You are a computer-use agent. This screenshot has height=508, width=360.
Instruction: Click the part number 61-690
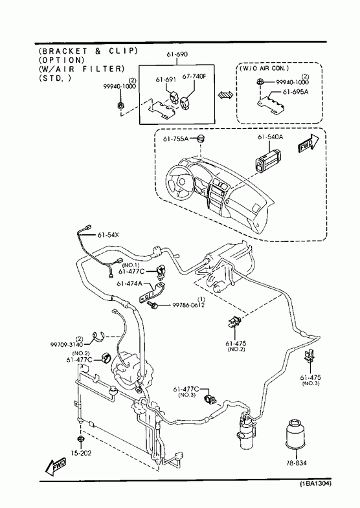coord(177,54)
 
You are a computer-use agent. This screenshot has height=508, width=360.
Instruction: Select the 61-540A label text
coord(270,137)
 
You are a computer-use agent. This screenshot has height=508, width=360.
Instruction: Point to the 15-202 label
coord(81,453)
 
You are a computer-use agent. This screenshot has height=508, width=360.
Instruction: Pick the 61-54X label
coord(108,234)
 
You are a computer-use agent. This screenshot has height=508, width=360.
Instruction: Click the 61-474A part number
coord(129,283)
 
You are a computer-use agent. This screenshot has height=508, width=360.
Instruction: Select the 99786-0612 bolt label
coord(188,305)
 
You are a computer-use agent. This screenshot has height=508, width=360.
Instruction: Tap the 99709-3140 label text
coord(67,344)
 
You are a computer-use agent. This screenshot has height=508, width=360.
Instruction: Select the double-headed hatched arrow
coord(225,95)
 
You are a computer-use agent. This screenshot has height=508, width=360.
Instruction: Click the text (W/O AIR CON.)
coord(264,69)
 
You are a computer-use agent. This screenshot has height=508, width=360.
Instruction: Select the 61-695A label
coord(295,92)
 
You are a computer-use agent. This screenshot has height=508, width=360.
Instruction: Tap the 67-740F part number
coord(194,77)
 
